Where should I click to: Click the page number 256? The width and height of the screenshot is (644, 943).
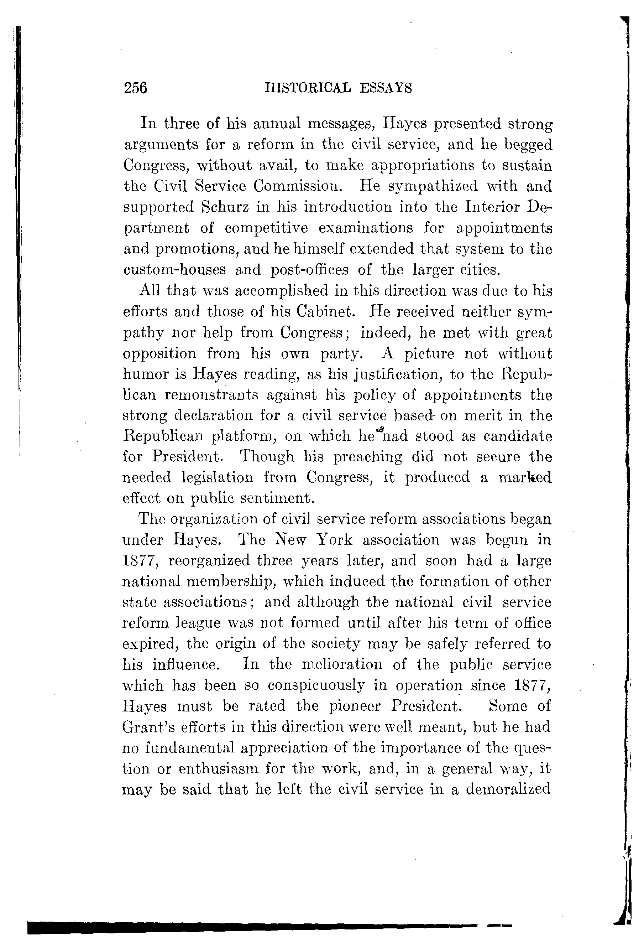(135, 88)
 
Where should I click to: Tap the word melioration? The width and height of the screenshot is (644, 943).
(342, 664)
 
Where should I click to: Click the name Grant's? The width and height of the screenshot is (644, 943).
(148, 727)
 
